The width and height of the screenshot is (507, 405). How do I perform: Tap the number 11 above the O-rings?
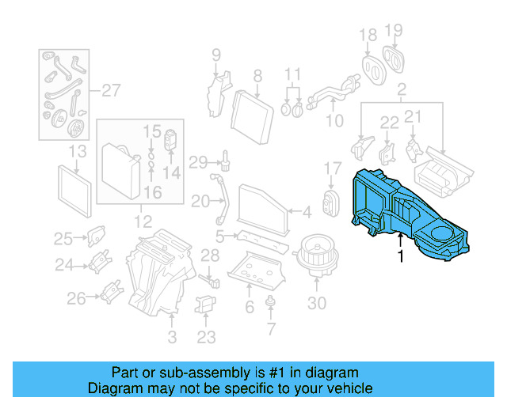tap(293, 76)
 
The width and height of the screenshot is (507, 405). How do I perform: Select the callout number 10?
tap(335, 120)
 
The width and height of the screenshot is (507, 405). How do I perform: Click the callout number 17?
tap(334, 168)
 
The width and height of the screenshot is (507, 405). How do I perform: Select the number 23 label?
tap(206, 338)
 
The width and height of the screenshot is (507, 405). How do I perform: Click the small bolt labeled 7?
tap(272, 301)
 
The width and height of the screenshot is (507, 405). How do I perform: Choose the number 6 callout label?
tap(250, 307)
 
